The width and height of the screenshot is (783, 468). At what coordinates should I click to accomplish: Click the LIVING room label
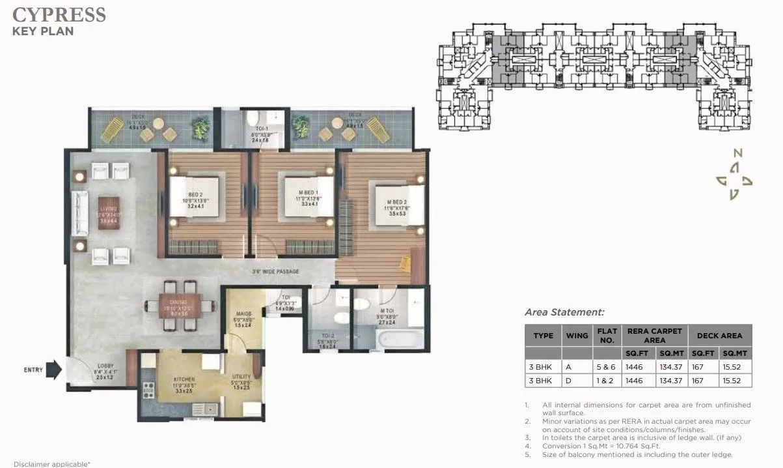[107, 209]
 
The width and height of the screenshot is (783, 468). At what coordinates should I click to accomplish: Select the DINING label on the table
[178, 302]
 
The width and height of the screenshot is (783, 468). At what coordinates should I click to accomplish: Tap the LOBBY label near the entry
[106, 366]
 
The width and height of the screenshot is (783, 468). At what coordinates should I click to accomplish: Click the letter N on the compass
[737, 153]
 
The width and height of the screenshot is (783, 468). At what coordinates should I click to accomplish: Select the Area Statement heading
[564, 312]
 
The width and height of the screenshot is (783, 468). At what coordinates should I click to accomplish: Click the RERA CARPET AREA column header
[654, 335]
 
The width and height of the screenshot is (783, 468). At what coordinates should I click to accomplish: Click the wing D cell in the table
[576, 381]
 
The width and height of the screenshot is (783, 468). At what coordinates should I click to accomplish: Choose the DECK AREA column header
[719, 335]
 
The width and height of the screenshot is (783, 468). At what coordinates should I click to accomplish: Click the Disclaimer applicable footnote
[51, 463]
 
